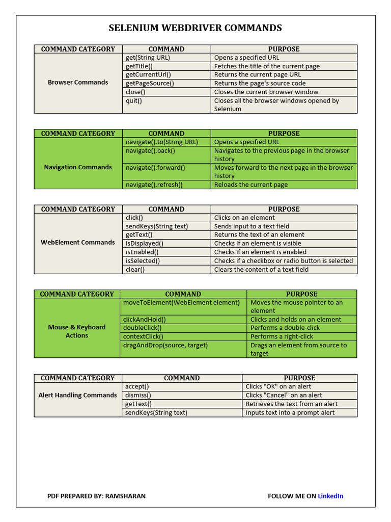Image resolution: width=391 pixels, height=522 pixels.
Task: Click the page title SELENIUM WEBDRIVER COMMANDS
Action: pos(195,28)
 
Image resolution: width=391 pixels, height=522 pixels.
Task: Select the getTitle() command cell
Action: pos(139,66)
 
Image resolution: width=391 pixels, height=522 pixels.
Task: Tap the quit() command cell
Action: pos(134,101)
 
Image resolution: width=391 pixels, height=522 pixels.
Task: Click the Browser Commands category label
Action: pos(78,82)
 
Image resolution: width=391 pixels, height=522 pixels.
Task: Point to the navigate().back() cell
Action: pos(150,151)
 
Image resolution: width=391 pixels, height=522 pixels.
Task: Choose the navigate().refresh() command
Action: pos(154,185)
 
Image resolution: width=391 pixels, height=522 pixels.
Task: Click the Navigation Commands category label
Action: pos(78,167)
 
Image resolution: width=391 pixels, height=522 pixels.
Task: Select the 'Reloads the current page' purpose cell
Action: pos(250,185)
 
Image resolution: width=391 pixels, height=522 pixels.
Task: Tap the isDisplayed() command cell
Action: pos(145,243)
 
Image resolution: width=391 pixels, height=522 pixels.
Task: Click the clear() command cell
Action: pos(135,269)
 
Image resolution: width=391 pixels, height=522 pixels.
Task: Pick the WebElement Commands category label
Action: pos(78,242)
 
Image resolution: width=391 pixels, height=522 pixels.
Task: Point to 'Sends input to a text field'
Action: pos(252,226)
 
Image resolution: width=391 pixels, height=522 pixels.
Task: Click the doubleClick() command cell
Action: pos(142,328)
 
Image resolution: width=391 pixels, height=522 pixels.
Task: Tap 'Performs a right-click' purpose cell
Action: pos(282,336)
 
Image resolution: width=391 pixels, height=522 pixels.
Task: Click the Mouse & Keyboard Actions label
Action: pos(77,331)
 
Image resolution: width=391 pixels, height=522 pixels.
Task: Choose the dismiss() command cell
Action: pos(138,395)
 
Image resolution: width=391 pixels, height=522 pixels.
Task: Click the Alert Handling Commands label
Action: pos(78,395)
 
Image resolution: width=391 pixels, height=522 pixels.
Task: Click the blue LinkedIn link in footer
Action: pos(330,496)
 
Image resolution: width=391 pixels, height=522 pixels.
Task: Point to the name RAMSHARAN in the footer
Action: pos(125,496)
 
